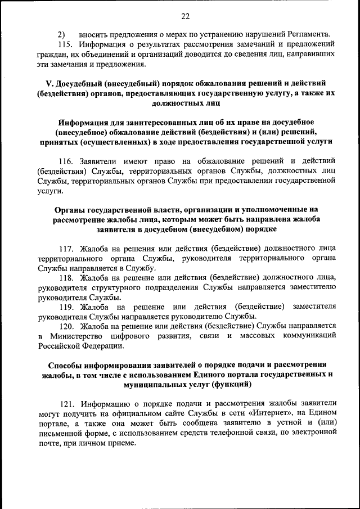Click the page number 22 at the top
click(x=186, y=15)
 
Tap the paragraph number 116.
click(x=66, y=161)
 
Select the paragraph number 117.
click(x=66, y=248)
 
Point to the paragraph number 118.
click(x=66, y=278)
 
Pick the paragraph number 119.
click(x=66, y=307)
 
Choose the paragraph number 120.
click(x=66, y=326)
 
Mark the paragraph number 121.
click(x=66, y=404)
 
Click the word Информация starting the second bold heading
click(x=87, y=122)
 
